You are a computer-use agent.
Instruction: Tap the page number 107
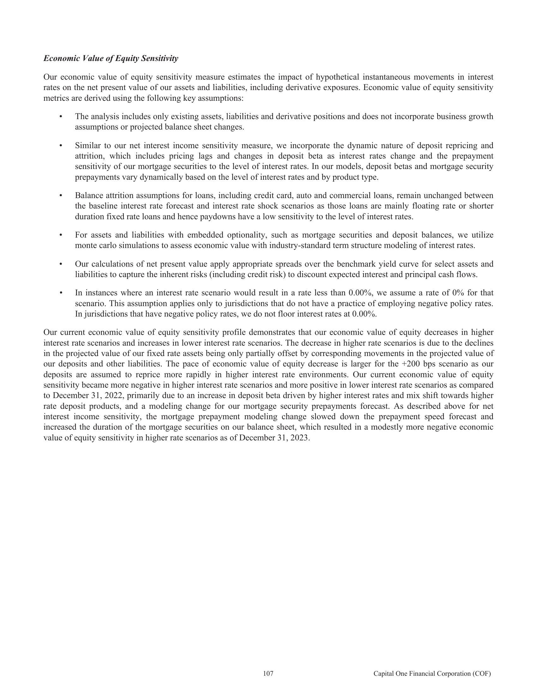click(268, 674)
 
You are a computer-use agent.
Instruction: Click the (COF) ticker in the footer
click(482, 674)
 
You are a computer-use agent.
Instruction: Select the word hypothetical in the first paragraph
click(338, 77)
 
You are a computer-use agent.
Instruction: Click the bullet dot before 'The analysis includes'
click(61, 117)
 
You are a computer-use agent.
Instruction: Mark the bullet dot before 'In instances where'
click(61, 293)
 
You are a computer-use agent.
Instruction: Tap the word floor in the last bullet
click(287, 314)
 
